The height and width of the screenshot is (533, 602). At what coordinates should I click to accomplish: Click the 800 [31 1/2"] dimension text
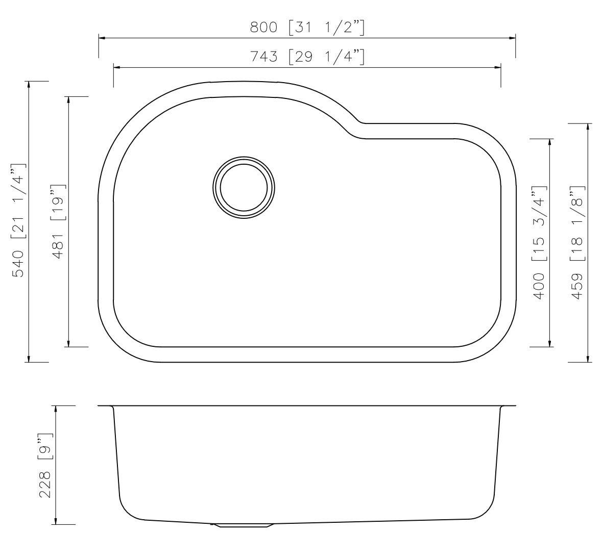307,27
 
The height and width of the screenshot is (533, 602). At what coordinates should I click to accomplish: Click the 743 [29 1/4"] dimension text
307,56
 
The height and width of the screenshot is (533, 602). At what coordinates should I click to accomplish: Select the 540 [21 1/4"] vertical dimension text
18,221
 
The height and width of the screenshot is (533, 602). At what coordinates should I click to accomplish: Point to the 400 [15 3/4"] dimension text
539,243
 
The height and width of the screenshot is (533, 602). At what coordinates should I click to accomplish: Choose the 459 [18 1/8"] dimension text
577,243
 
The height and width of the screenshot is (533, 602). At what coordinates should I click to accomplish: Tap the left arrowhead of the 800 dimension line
102,38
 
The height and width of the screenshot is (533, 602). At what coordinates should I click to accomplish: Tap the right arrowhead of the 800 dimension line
512,38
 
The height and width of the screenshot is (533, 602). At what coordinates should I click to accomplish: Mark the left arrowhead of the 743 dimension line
116,67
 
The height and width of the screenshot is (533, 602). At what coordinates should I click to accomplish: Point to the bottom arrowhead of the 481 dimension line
68,343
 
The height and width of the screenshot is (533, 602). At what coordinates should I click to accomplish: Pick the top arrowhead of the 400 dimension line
550,142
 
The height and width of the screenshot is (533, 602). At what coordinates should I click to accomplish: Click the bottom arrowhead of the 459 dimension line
589,359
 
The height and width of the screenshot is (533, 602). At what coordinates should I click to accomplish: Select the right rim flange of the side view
508,407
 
